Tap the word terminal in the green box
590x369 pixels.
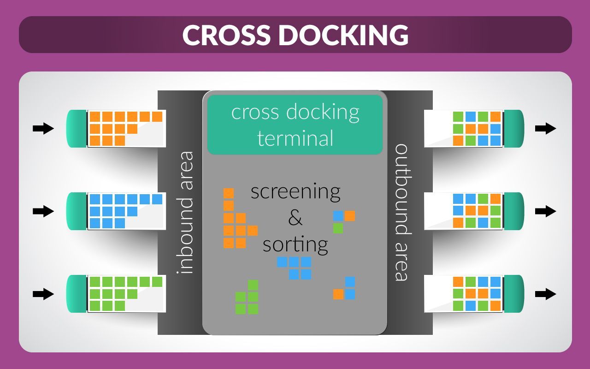click(295, 138)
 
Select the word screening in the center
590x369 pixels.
click(295, 191)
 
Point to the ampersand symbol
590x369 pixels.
click(295, 218)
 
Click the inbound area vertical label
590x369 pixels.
click(185, 212)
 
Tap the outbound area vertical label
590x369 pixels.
click(402, 212)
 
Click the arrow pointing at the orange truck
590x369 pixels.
click(43, 129)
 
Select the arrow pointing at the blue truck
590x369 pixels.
click(43, 211)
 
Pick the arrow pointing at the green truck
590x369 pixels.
click(43, 294)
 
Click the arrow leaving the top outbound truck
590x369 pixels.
click(546, 129)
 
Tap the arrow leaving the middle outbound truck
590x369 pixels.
click(546, 211)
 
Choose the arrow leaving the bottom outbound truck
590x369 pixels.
click(546, 294)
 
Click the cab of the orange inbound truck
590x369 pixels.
click(77, 129)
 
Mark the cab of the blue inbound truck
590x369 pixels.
click(77, 211)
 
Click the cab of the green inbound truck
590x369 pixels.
click(77, 294)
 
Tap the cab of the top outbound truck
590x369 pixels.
click(514, 129)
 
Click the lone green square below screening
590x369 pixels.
click(338, 228)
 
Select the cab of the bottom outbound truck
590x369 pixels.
click(514, 294)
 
